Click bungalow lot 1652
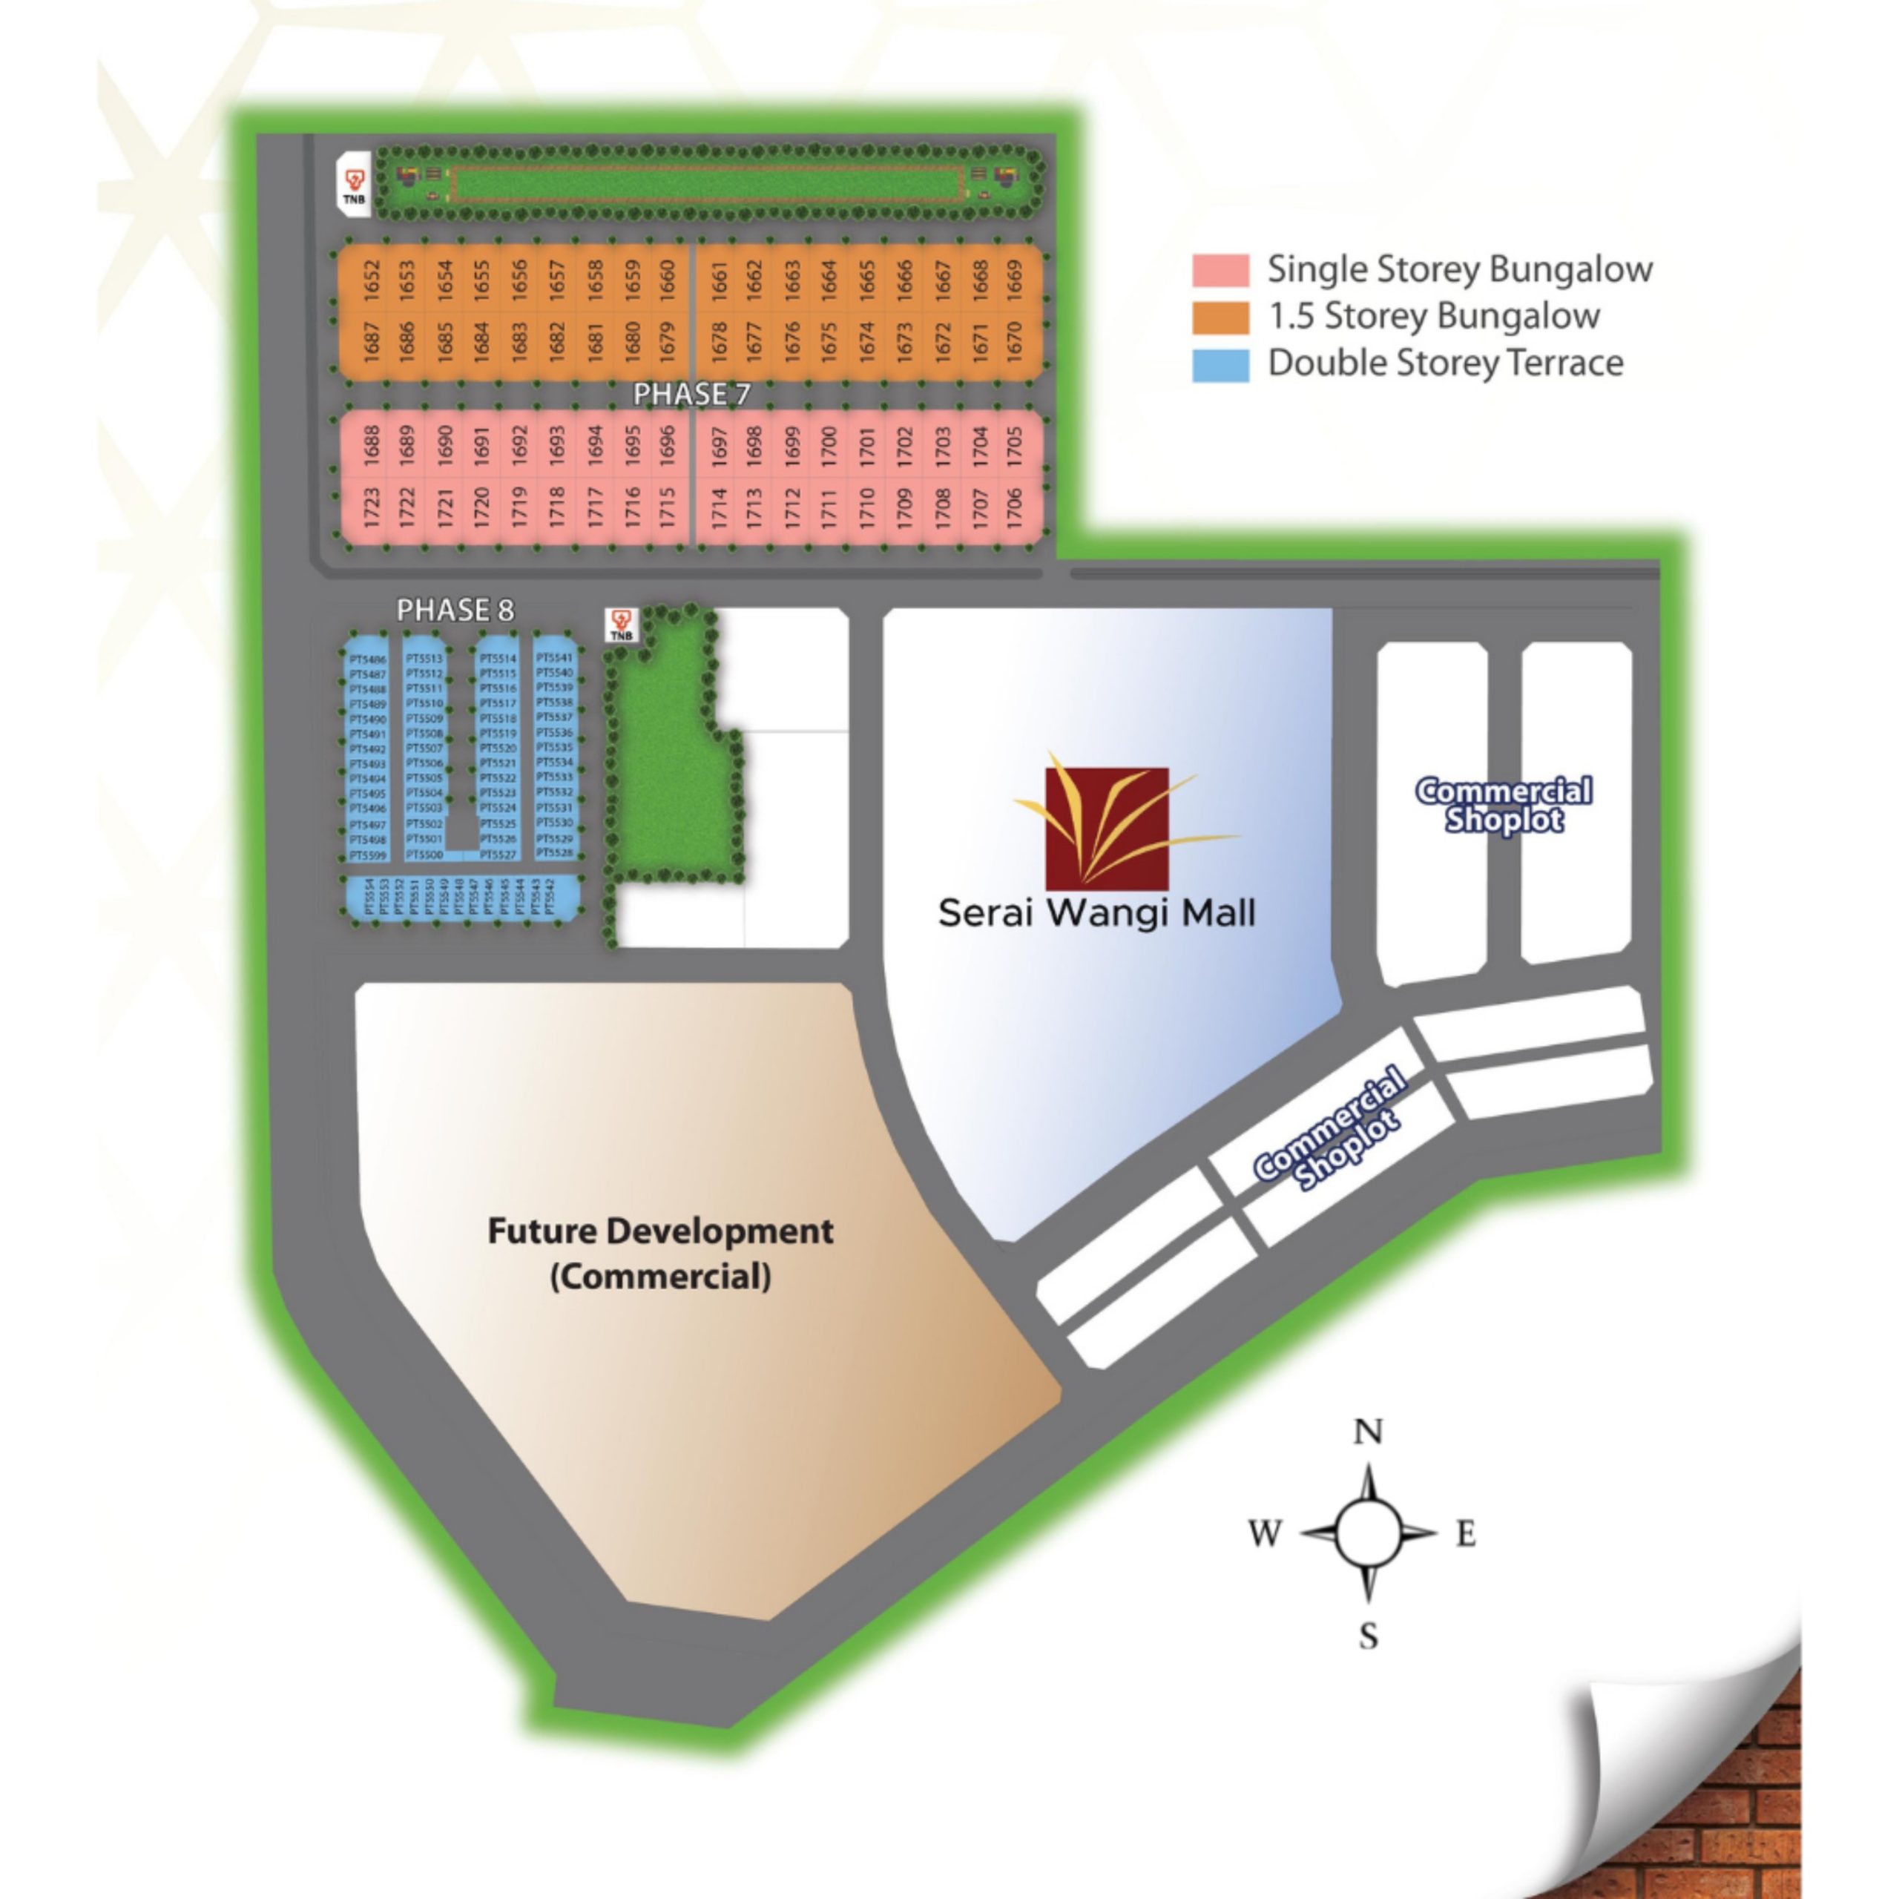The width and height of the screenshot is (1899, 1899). pyautogui.click(x=372, y=279)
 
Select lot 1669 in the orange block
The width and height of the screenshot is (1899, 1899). pyautogui.click(x=1014, y=279)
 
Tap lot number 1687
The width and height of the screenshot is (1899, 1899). pyautogui.click(x=372, y=341)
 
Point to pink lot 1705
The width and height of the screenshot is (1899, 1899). pyautogui.click(x=1014, y=445)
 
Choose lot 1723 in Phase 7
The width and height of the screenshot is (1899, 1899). pyautogui.click(x=372, y=507)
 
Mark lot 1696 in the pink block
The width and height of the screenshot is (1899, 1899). pyautogui.click(x=668, y=445)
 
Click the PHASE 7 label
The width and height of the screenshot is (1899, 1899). pyautogui.click(x=691, y=394)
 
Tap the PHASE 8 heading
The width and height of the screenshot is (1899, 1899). pyautogui.click(x=455, y=610)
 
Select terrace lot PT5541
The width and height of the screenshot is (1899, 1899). pyautogui.click(x=554, y=657)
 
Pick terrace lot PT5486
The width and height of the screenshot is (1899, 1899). pyautogui.click(x=368, y=659)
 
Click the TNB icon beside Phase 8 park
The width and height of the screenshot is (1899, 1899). pyautogui.click(x=620, y=624)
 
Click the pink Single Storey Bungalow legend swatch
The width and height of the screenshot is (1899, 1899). pyautogui.click(x=1221, y=269)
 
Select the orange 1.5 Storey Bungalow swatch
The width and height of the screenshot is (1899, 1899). pyautogui.click(x=1221, y=317)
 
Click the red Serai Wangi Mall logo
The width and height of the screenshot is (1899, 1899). pyautogui.click(x=1107, y=828)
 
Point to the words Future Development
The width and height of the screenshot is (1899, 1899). pyautogui.click(x=660, y=1231)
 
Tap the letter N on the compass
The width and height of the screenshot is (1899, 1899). pyautogui.click(x=1368, y=1432)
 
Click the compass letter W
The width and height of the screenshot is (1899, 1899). pyautogui.click(x=1265, y=1533)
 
